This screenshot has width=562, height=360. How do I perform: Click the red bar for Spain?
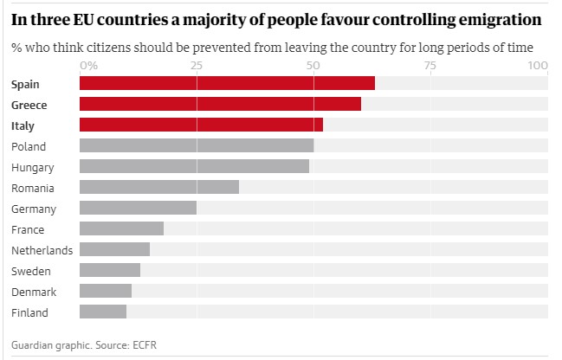[227, 83]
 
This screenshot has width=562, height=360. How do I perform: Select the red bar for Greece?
[220, 104]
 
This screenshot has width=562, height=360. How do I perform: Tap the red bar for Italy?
[201, 125]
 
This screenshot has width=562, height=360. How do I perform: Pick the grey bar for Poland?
[197, 145]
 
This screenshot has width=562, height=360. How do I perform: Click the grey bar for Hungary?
[194, 166]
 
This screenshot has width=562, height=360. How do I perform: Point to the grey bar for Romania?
[159, 187]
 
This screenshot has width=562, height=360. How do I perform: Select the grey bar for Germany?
[139, 208]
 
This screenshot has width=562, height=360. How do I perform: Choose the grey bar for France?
[121, 228]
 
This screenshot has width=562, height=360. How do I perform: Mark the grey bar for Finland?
[103, 312]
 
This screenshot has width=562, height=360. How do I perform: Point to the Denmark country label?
[34, 292]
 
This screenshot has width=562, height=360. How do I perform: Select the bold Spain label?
[26, 84]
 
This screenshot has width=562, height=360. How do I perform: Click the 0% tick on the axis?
[88, 66]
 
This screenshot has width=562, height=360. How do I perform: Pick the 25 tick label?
[197, 66]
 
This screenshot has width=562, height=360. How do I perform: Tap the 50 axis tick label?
[313, 66]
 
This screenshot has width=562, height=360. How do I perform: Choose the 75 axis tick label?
[430, 66]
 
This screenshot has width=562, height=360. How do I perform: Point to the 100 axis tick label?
[537, 66]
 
